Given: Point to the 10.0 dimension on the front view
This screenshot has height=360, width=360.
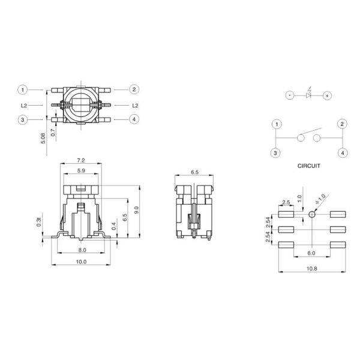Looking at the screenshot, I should (x=82, y=262).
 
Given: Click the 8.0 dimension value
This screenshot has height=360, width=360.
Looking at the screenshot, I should (x=82, y=250).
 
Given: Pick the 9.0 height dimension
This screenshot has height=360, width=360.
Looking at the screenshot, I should (x=136, y=210).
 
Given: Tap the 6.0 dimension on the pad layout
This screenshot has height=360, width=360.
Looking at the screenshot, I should (x=311, y=253).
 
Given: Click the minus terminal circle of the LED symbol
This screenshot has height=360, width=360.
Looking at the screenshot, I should (x=289, y=95).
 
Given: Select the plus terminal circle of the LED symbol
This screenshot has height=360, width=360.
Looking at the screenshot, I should (x=327, y=95).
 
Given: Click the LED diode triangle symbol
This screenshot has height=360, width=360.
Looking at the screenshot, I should (x=308, y=95).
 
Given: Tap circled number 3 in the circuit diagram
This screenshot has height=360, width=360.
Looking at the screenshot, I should (x=275, y=152).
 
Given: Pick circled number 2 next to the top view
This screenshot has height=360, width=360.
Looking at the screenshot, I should (x=134, y=90).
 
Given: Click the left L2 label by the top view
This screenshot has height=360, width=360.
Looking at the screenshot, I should (x=23, y=105).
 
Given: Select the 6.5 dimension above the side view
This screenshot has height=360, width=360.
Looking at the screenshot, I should (x=194, y=172).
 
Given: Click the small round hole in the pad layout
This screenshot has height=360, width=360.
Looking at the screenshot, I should (x=311, y=214).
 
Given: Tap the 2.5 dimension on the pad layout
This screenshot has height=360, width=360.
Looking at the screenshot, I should (x=286, y=202).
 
